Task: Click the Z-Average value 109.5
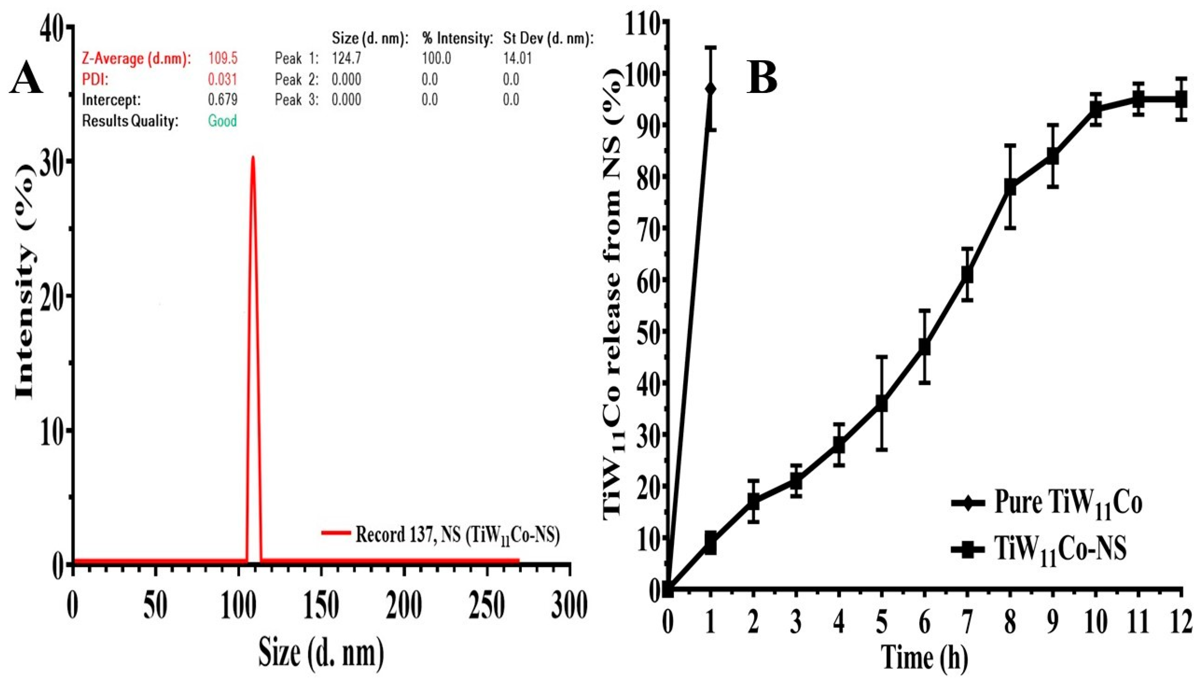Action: [x=223, y=59]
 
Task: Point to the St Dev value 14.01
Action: [x=517, y=59]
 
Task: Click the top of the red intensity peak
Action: [x=253, y=157]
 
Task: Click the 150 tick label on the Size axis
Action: [x=321, y=607]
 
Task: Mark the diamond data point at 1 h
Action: [x=711, y=89]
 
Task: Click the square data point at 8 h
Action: [x=1010, y=187]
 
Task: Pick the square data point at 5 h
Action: [x=882, y=404]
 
